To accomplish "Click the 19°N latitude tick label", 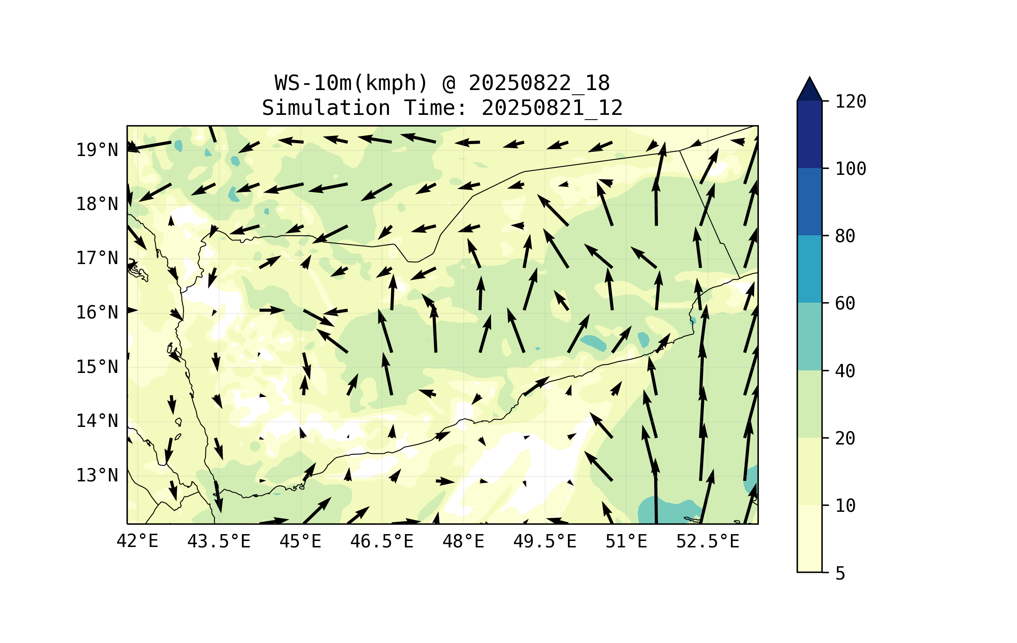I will point(97,150).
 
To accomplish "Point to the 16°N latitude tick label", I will point(97,312).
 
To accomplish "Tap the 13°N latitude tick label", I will point(97,475).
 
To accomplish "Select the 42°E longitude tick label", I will point(137,541).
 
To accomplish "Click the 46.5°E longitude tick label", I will point(382,541).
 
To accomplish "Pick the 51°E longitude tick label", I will point(626,541).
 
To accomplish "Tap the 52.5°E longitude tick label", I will point(708,541).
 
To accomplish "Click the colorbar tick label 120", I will point(851,102).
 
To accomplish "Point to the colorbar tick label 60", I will point(845,303).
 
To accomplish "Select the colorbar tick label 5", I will point(840,574).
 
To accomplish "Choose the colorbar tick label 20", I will point(845,438).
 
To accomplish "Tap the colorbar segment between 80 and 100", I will point(809,201).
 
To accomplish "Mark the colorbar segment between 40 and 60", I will point(809,337).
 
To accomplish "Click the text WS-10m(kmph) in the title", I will point(351,83).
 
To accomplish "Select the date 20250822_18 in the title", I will point(539,83).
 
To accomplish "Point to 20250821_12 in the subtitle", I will point(552,108).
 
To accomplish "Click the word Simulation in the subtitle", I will point(326,108).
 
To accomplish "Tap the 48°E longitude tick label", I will point(463,541).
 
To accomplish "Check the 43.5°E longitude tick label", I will point(219,541).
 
